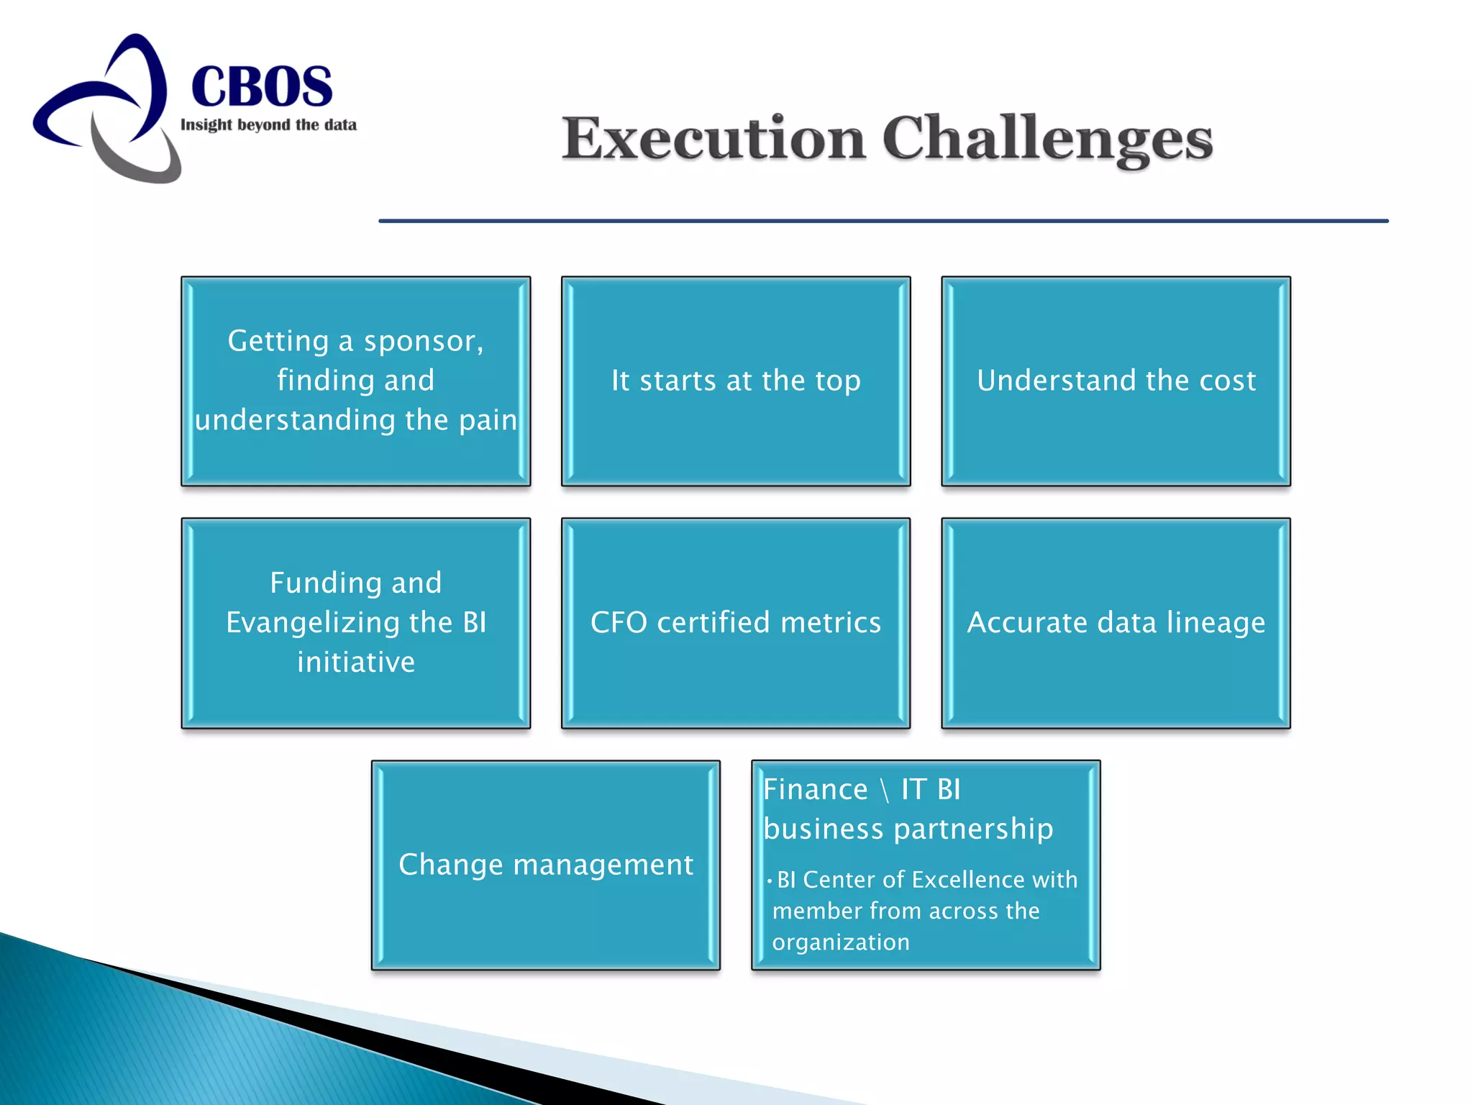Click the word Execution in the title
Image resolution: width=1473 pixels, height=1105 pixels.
713,138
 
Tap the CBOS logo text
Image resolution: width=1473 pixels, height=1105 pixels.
262,86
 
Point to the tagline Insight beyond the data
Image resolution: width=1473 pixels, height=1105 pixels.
268,125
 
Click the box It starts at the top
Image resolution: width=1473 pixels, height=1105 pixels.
735,381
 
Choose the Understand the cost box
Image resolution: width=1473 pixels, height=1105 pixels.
1116,381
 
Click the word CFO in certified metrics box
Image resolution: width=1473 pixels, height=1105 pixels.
619,622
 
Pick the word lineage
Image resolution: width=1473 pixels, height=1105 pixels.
1216,622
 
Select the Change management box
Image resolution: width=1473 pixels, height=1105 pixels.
545,865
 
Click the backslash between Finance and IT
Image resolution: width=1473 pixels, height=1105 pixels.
885,790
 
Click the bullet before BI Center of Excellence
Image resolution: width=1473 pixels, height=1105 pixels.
769,881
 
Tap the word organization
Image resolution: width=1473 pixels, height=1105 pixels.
841,942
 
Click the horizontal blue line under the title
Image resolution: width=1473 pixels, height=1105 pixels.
883,221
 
